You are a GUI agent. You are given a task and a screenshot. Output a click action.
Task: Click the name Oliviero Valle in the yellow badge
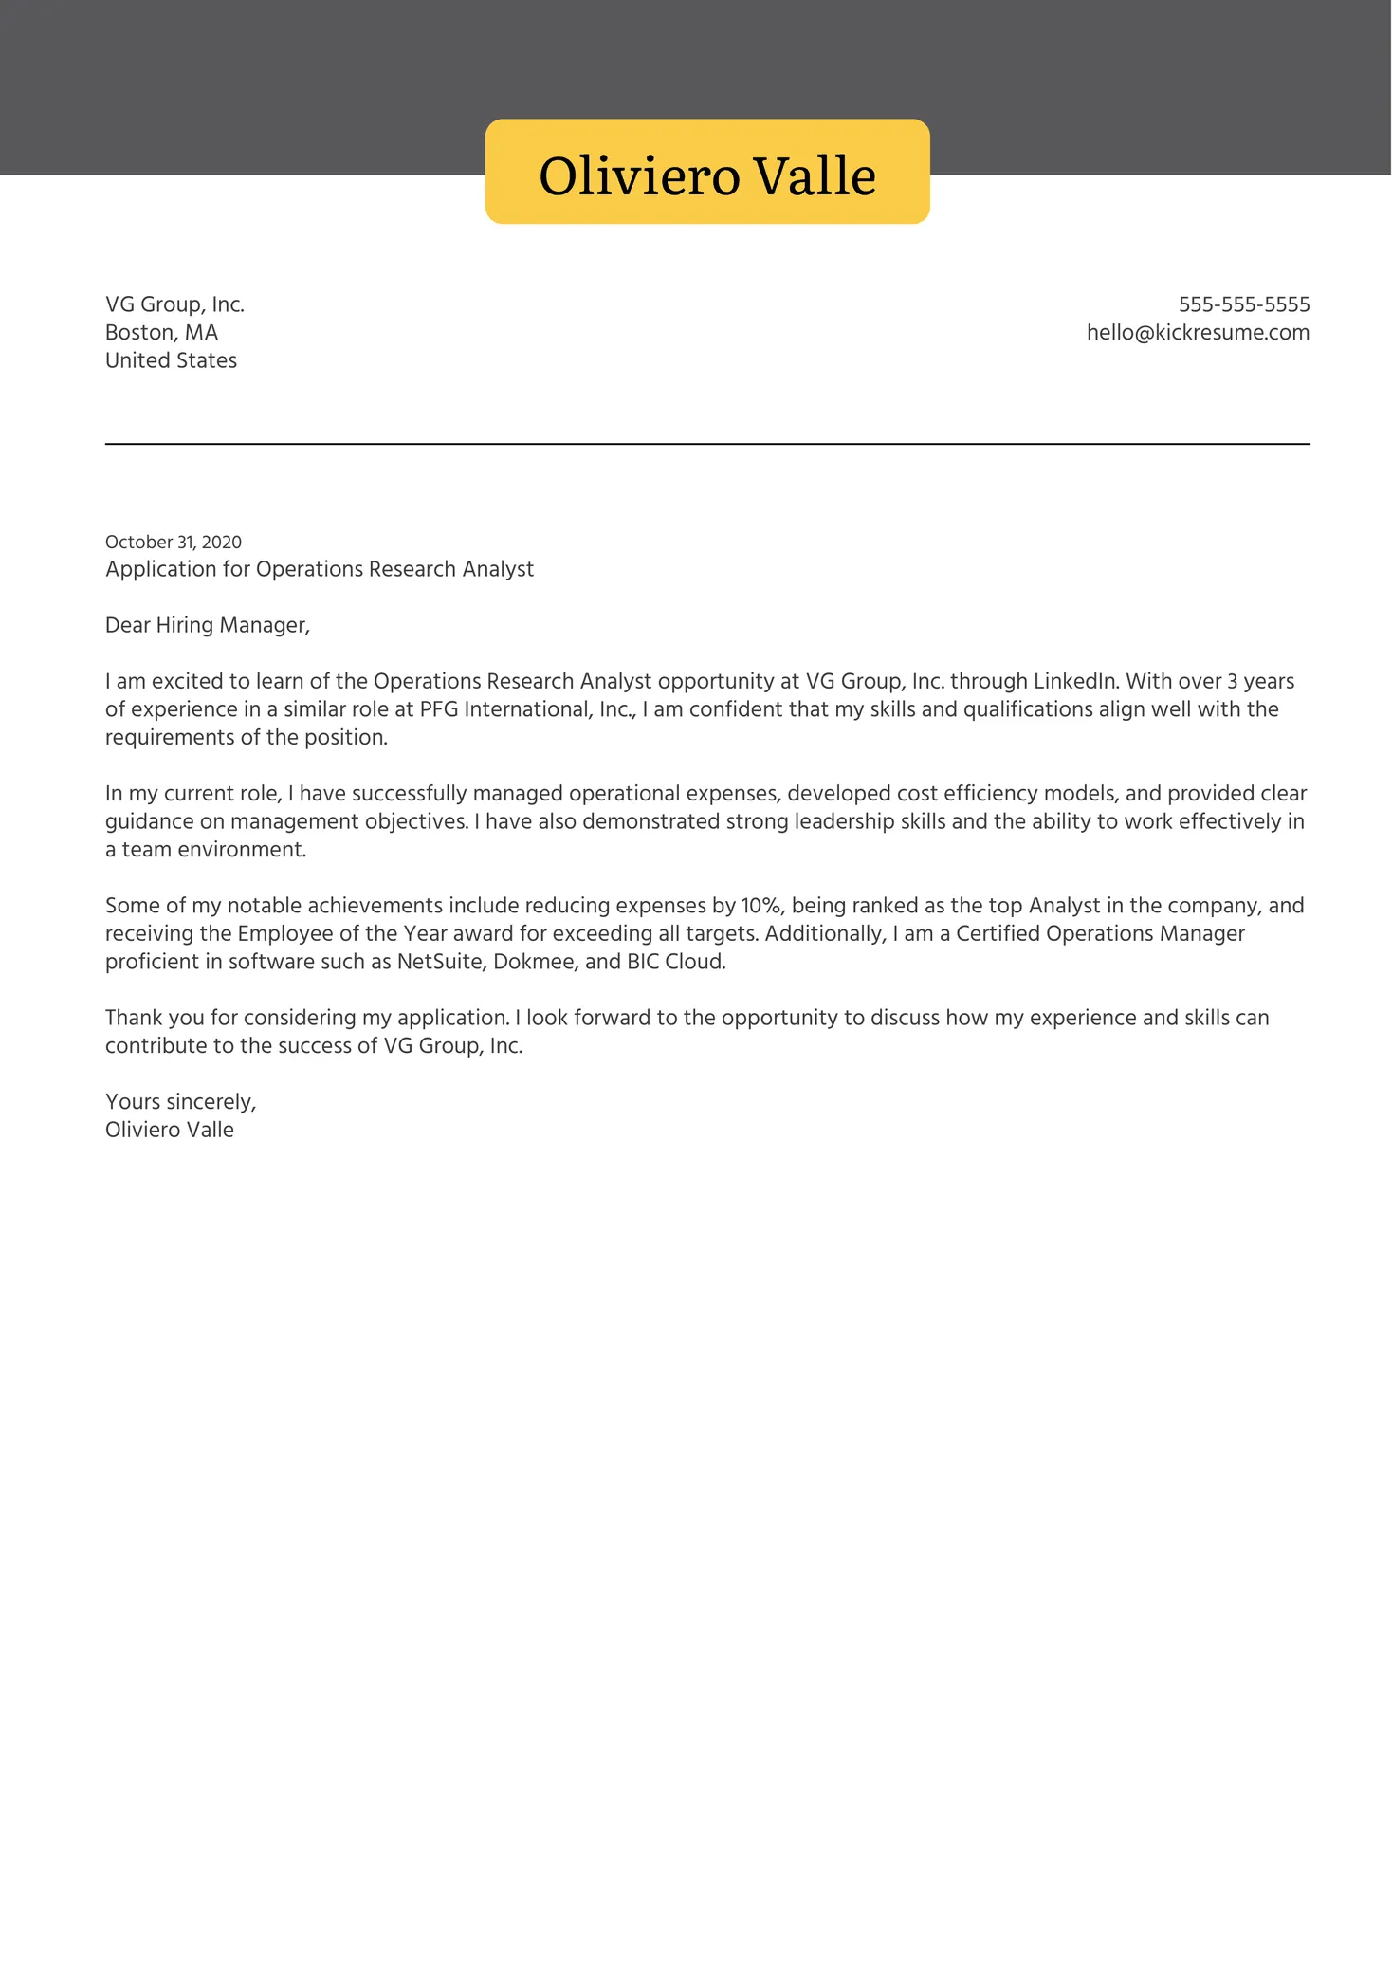pos(706,176)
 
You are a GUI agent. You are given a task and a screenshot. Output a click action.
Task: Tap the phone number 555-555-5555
pos(1243,304)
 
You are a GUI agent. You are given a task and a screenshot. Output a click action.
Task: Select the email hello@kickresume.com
pos(1198,333)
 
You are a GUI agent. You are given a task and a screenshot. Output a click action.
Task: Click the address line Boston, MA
pos(161,333)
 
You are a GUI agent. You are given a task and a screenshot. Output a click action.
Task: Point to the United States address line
pos(171,360)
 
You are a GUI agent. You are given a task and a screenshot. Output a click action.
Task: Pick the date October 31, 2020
pos(173,542)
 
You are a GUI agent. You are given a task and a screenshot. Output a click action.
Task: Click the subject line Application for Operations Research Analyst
pos(319,569)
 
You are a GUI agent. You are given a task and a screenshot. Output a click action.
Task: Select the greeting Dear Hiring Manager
pos(207,625)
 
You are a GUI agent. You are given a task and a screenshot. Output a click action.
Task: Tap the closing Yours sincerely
pos(180,1102)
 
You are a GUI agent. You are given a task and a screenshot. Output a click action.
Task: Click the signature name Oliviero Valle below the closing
pos(169,1130)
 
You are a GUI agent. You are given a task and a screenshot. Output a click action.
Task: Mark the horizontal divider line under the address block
pos(706,444)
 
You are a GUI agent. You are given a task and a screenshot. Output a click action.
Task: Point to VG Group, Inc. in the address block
pos(174,304)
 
